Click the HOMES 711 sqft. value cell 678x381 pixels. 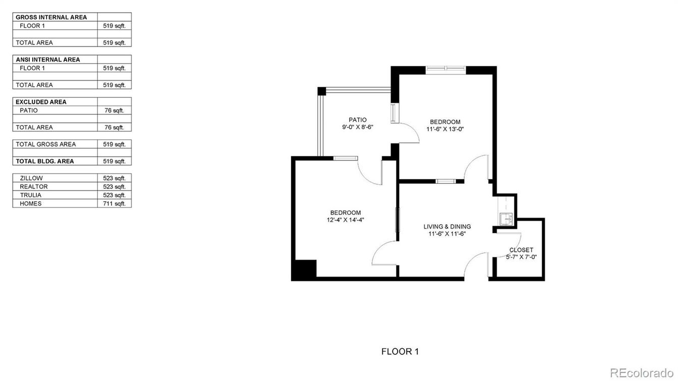(114, 203)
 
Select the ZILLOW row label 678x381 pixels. (31, 178)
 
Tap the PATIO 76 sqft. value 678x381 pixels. (114, 111)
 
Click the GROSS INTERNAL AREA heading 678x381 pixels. (51, 17)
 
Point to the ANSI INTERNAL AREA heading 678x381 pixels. (48, 60)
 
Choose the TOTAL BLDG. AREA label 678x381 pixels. (45, 161)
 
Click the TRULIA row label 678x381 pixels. (31, 195)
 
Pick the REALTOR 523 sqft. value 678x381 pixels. (114, 187)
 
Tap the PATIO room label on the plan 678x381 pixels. (358, 120)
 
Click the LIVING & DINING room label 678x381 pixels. (447, 226)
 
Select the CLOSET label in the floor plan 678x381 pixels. (521, 250)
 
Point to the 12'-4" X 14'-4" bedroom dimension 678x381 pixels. (346, 220)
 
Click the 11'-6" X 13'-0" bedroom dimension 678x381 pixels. (445, 129)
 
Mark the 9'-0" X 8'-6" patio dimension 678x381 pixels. (358, 127)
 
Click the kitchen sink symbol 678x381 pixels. (506, 219)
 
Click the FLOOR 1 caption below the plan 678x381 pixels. (400, 351)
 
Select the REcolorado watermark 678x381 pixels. (641, 372)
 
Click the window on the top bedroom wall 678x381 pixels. (445, 69)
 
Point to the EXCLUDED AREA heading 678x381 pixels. (41, 102)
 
